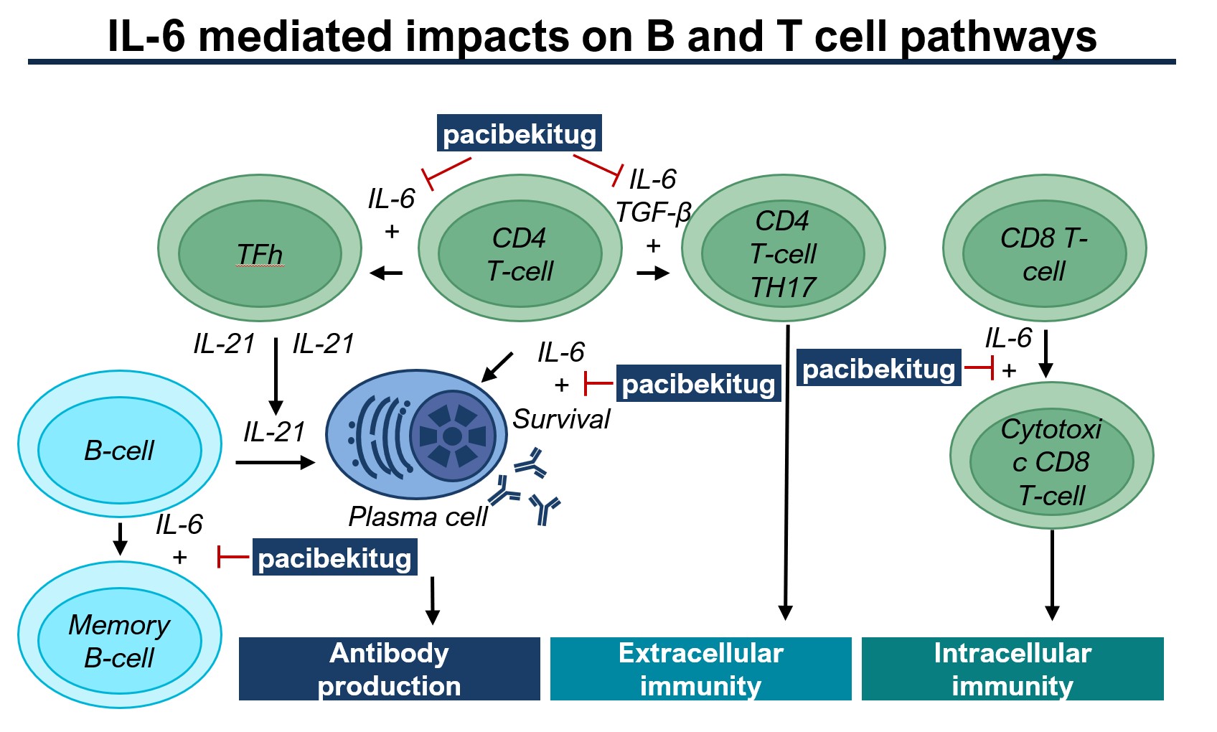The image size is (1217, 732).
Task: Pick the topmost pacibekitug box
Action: (x=520, y=134)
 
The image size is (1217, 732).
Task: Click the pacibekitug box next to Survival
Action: (x=698, y=384)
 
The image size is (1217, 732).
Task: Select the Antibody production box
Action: (x=389, y=669)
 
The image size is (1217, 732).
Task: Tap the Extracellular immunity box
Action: (x=700, y=669)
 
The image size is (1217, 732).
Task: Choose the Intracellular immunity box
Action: (x=1012, y=669)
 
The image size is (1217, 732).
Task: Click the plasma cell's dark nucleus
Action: (x=452, y=436)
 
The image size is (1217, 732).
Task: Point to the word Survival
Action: (x=561, y=419)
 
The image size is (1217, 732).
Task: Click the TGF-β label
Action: (x=653, y=212)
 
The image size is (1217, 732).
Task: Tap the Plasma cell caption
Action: (x=418, y=517)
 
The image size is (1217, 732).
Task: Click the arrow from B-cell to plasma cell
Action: (x=275, y=463)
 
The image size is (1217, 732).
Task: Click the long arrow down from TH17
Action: (x=786, y=474)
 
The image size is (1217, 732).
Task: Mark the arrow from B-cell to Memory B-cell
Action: (x=121, y=538)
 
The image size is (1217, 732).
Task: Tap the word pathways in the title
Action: (x=998, y=36)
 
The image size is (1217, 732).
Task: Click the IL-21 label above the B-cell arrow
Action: (x=274, y=432)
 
